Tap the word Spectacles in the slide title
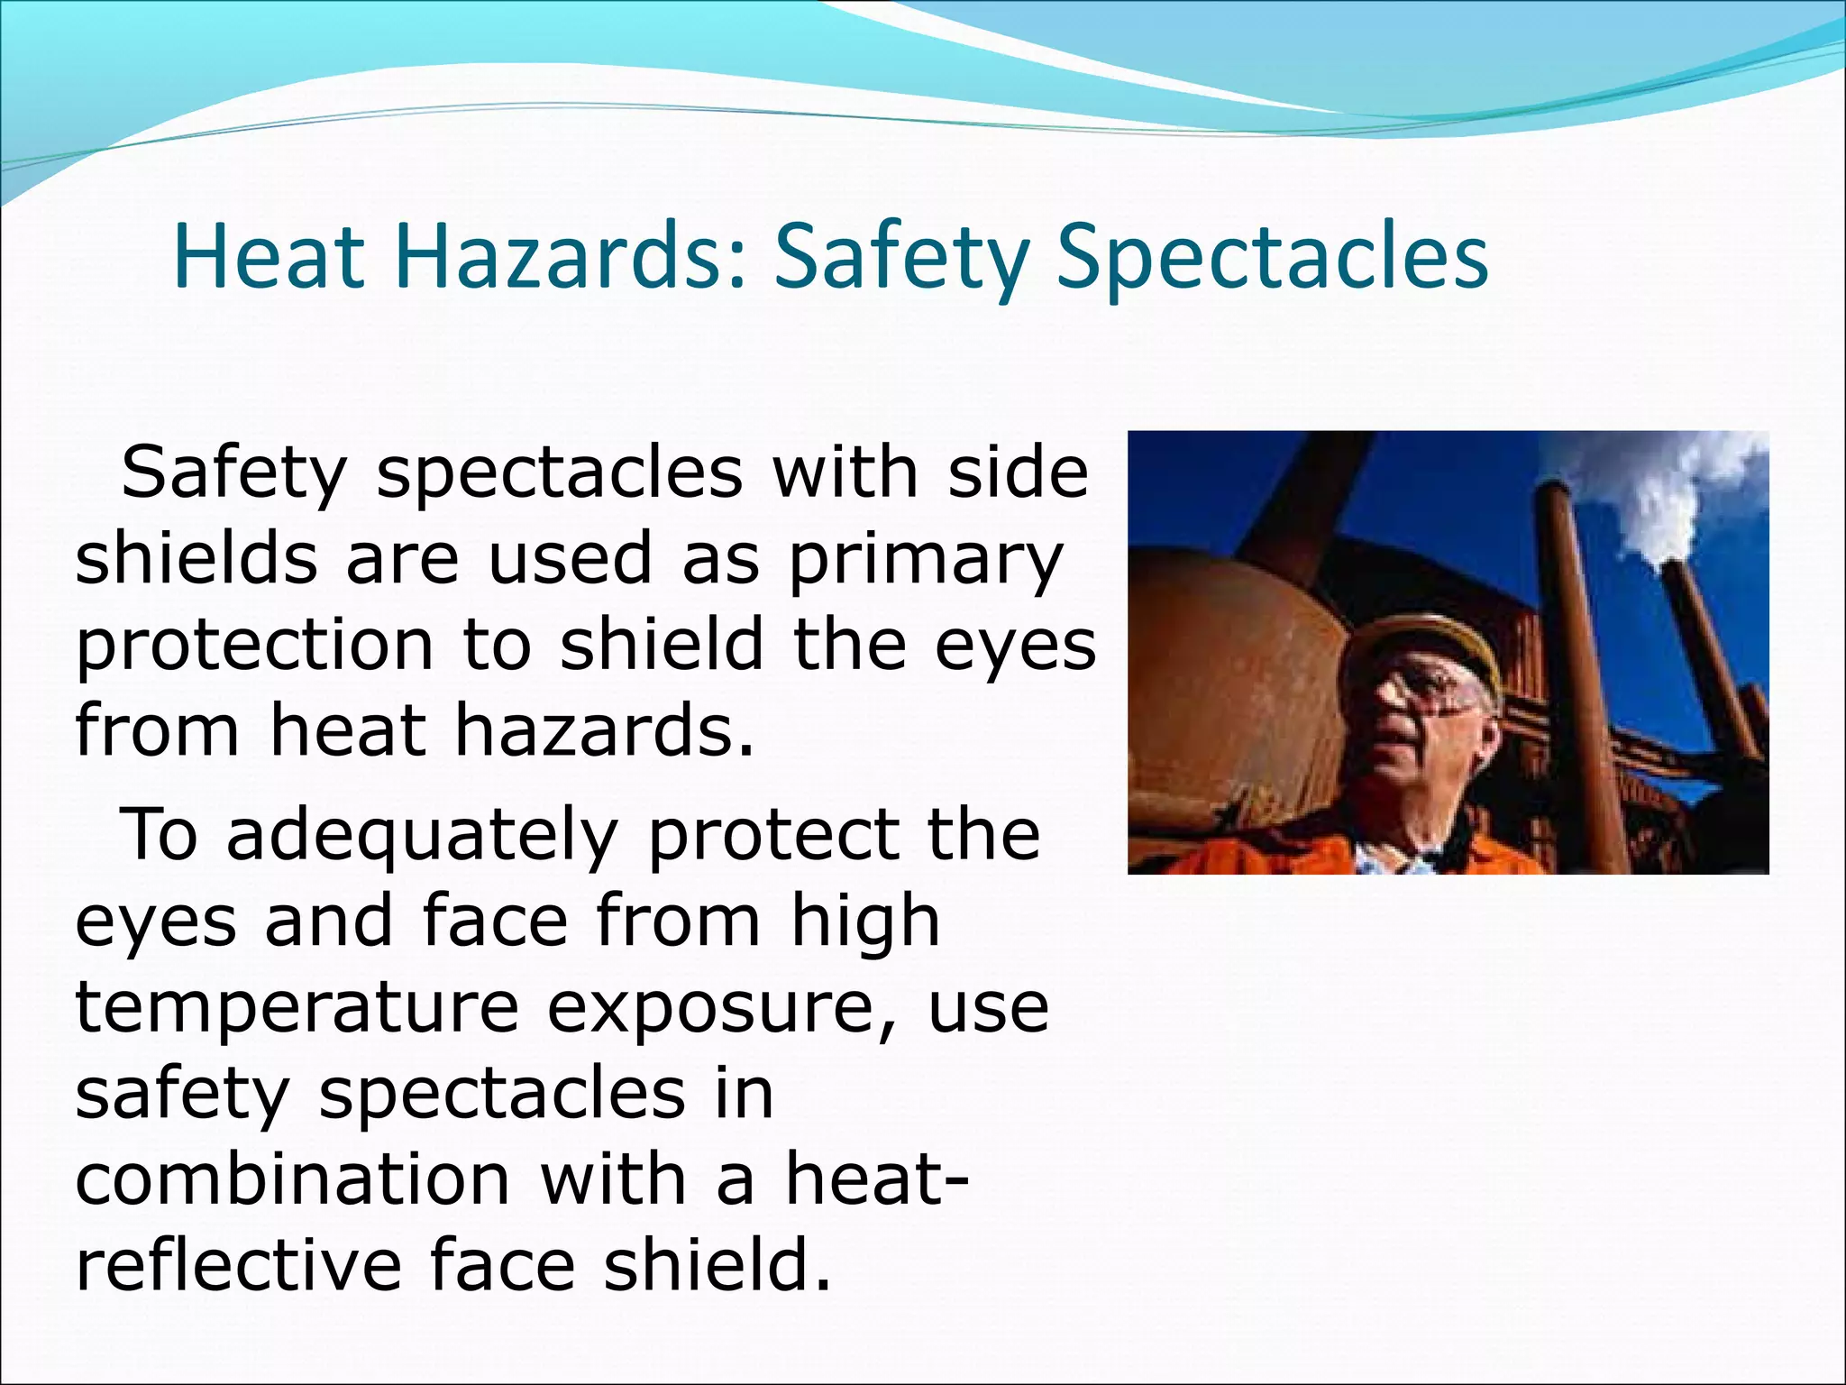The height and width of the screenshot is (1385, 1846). tap(1272, 258)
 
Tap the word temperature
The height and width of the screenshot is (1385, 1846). tap(297, 1008)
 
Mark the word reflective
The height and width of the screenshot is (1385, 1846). tap(238, 1264)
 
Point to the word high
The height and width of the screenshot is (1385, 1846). tap(865, 922)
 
